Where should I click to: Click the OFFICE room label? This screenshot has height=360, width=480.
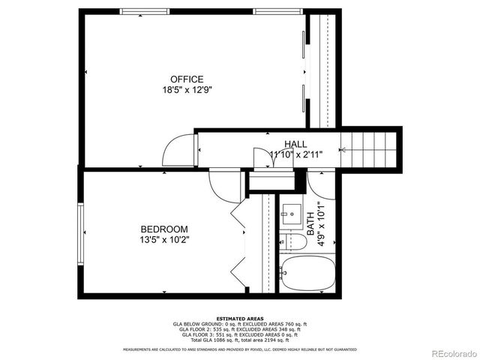point(187,79)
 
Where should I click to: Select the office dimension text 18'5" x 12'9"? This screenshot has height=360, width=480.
point(187,89)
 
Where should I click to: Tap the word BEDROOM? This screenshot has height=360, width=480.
point(164,229)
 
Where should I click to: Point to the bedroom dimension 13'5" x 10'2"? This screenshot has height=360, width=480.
point(164,240)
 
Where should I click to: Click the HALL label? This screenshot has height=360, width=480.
point(295,144)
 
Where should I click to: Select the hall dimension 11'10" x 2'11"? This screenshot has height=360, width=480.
point(295,154)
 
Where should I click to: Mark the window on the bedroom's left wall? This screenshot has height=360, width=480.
point(80,232)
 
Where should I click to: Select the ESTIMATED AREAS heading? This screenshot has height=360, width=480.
point(240,318)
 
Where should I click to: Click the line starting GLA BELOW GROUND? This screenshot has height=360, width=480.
point(240,324)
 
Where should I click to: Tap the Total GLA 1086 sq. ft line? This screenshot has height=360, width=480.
point(240,340)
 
